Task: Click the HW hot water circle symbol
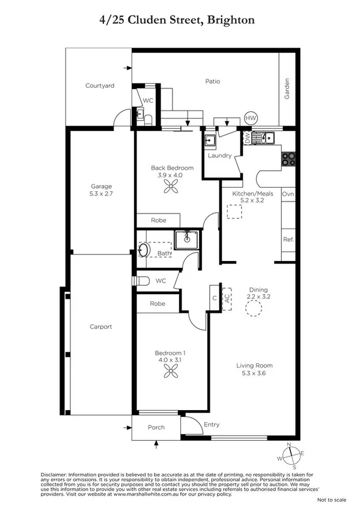pyautogui.click(x=250, y=118)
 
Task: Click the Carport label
pyautogui.click(x=101, y=327)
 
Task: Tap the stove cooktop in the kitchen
pyautogui.click(x=288, y=159)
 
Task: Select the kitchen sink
pyautogui.click(x=264, y=138)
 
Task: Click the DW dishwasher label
pyautogui.click(x=247, y=138)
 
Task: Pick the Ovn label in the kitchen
pyautogui.click(x=288, y=194)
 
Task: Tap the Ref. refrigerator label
pyautogui.click(x=288, y=239)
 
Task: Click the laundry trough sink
pyautogui.click(x=210, y=141)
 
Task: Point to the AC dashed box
pyautogui.click(x=227, y=298)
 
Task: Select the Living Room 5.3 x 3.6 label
pyautogui.click(x=255, y=369)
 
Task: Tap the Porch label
pyautogui.click(x=156, y=428)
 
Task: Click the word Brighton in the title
pyautogui.click(x=231, y=20)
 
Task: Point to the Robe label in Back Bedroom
pyautogui.click(x=158, y=221)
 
